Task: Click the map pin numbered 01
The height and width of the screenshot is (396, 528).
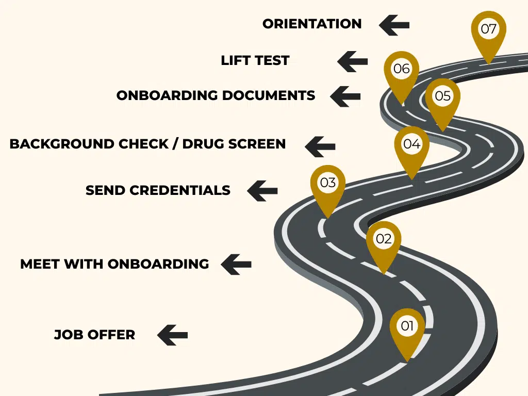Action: click(407, 328)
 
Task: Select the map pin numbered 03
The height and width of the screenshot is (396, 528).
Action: click(328, 185)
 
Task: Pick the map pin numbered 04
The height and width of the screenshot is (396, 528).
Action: click(411, 146)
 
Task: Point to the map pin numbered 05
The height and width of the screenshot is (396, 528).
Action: click(442, 98)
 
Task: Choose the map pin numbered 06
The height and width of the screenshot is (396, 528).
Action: click(401, 71)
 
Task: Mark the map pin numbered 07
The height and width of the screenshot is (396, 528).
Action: click(488, 31)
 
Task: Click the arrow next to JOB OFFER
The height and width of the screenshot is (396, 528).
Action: click(172, 335)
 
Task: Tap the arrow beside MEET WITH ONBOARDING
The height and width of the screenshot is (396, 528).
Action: click(236, 264)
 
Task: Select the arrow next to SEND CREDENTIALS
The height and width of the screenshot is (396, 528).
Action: click(262, 190)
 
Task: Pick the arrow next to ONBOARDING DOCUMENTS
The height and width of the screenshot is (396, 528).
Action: click(345, 96)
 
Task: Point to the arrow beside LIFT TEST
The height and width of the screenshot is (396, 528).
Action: click(353, 61)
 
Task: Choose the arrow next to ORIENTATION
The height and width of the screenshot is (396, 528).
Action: click(394, 24)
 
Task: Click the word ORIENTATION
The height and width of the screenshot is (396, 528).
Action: click(312, 24)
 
